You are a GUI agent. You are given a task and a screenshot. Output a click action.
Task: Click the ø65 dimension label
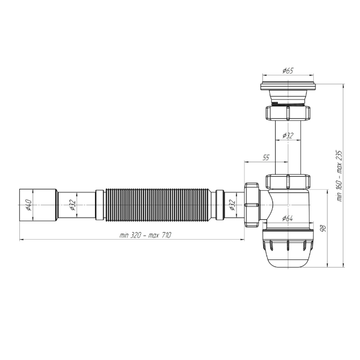[x=288, y=70]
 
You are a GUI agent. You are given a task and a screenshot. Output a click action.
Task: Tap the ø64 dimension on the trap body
[x=287, y=218]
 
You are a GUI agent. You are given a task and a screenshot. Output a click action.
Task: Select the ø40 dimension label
[x=28, y=205]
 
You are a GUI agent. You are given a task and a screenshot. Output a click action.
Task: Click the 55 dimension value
[x=265, y=158]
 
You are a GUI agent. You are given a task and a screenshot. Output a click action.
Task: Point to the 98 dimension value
[x=323, y=228]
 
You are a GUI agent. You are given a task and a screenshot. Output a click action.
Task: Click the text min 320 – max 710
[x=145, y=235]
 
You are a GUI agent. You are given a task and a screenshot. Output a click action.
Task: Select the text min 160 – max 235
[x=340, y=176]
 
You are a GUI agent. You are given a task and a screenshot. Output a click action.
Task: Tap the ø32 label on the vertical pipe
[x=288, y=135]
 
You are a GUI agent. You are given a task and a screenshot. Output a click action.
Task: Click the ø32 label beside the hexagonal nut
[x=232, y=205]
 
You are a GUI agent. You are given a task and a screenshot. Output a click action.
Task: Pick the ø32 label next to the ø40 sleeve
[x=73, y=205]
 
